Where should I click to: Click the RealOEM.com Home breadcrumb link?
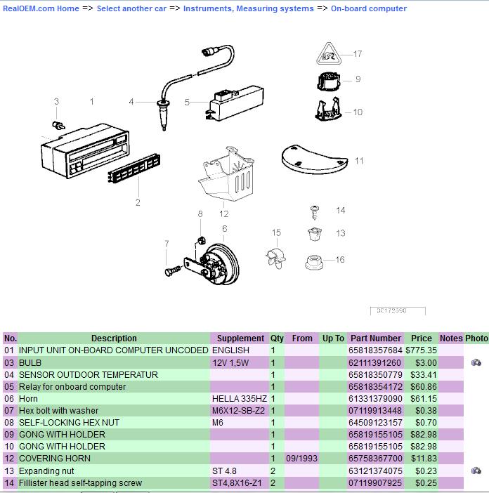coord(41,8)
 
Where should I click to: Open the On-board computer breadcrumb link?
coord(368,8)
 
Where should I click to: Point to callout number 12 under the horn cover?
coord(223,213)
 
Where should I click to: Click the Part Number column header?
coord(376,338)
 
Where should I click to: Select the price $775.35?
coord(421,350)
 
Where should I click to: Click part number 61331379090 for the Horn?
coord(376,398)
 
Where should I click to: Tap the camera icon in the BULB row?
coord(476,362)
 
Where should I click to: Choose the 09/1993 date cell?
coord(301,458)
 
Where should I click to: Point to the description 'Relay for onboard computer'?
coord(72,386)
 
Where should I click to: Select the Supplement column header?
coord(240,338)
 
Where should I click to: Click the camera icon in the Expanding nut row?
coord(476,470)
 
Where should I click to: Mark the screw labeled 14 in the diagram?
coord(315,209)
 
